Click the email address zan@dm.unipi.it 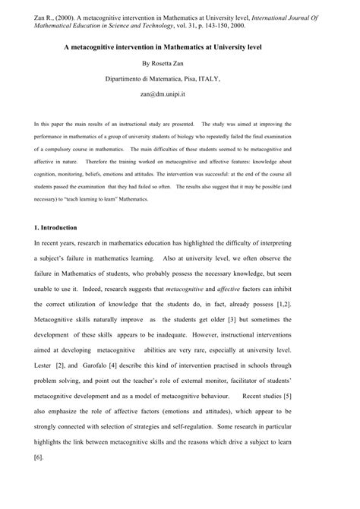pyautogui.click(x=179, y=94)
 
